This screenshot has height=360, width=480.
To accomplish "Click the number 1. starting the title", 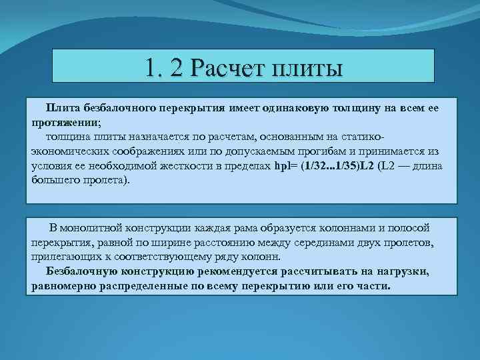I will point(153,69).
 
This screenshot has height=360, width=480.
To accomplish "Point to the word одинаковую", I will point(315,107).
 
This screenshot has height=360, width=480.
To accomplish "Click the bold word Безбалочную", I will point(81,272).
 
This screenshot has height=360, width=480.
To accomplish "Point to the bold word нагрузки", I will point(420,272).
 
